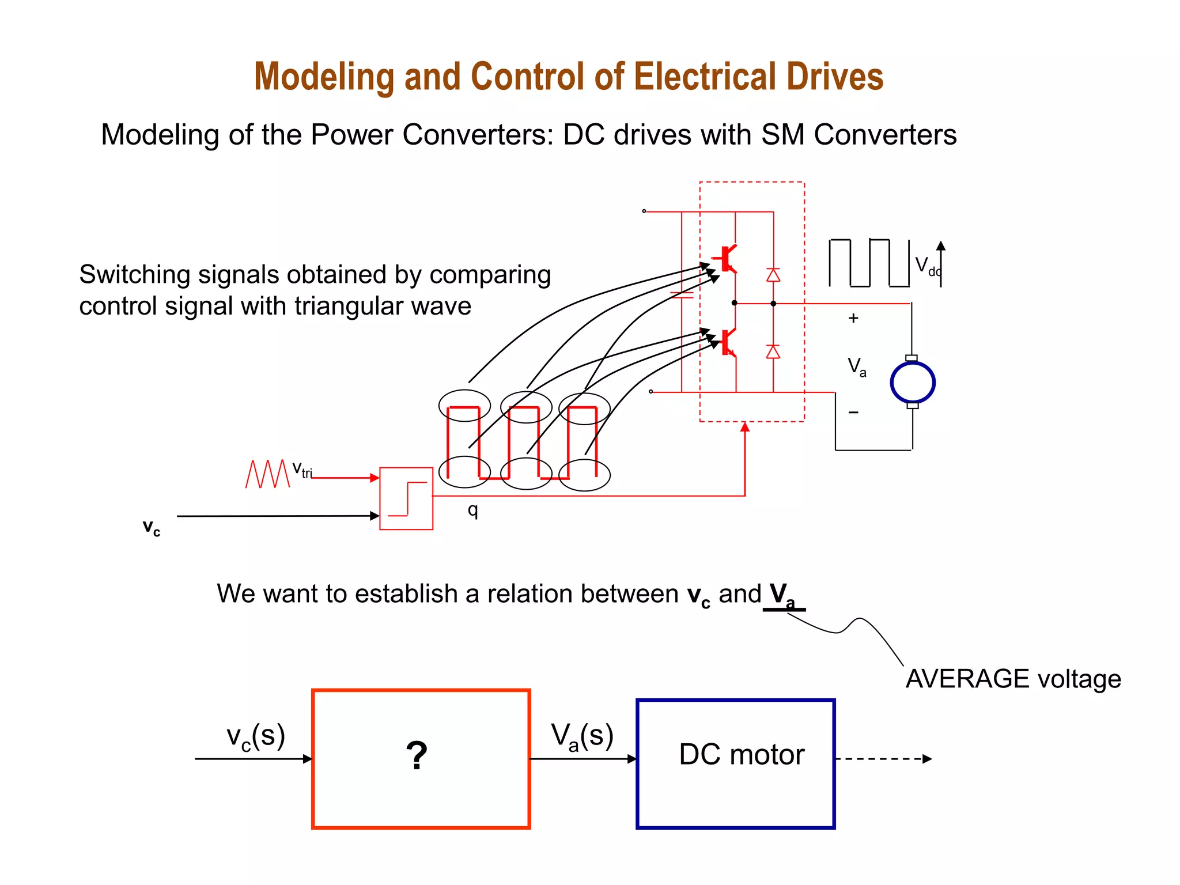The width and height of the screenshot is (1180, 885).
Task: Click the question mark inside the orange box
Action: click(x=417, y=756)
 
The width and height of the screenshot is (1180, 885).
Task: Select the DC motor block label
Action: click(x=741, y=755)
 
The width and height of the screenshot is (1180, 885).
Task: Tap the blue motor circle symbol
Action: click(x=912, y=383)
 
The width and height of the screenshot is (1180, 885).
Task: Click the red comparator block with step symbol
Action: click(x=406, y=498)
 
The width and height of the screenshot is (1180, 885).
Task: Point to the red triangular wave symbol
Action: click(x=267, y=474)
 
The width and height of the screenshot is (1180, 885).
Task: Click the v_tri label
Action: click(x=302, y=469)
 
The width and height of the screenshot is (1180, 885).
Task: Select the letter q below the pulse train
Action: click(x=472, y=510)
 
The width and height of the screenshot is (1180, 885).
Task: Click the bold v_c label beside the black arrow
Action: click(x=152, y=527)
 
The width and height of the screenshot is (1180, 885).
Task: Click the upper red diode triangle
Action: click(x=773, y=275)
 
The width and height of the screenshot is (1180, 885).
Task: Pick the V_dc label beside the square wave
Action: click(x=926, y=266)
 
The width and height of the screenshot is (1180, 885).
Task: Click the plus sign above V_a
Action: click(x=853, y=318)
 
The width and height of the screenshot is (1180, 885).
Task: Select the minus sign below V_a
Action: click(x=853, y=413)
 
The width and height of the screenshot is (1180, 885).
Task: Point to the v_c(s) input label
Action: click(x=256, y=736)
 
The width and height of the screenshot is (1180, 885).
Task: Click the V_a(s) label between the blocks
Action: click(x=582, y=736)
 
